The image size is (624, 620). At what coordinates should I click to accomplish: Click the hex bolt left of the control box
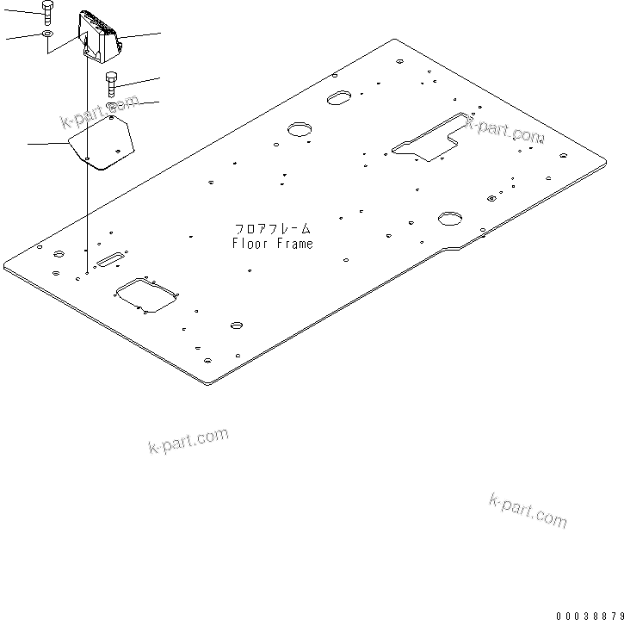point(47,12)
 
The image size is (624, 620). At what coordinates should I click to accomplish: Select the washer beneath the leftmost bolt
point(47,35)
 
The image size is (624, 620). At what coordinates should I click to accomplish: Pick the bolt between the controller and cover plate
point(112,84)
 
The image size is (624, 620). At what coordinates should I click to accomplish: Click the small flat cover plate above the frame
point(103,143)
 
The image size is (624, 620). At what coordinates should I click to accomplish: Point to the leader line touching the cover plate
point(47,143)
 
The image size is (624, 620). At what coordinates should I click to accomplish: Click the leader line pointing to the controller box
point(140,34)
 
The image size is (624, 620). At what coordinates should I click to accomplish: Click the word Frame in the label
point(294,244)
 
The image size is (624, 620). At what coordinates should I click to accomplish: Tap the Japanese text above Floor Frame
point(272,230)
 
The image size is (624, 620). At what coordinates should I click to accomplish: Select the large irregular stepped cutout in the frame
point(430,138)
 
